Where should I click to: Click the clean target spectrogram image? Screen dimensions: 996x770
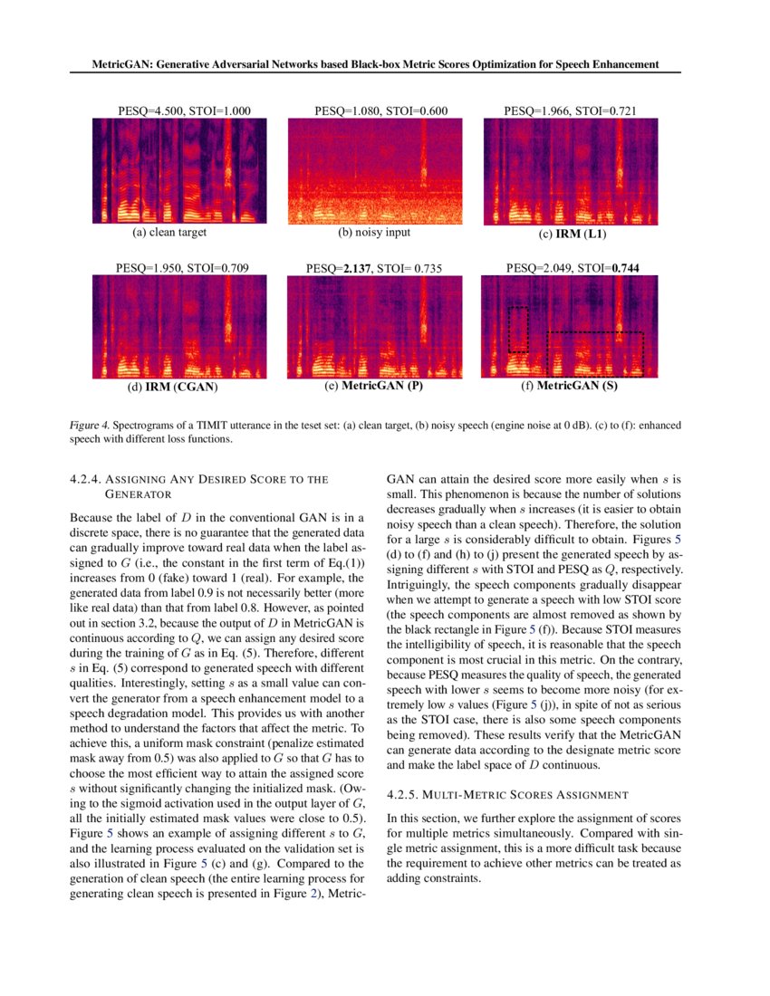tap(183, 172)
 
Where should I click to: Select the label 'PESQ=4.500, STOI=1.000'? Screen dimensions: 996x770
tap(184, 111)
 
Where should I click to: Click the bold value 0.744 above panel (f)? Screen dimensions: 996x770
tap(627, 268)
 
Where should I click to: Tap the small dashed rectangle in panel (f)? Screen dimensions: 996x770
tap(518, 328)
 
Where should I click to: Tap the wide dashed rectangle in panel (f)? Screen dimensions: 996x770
tap(594, 353)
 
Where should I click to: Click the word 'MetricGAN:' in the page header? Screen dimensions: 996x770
tap(125, 65)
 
